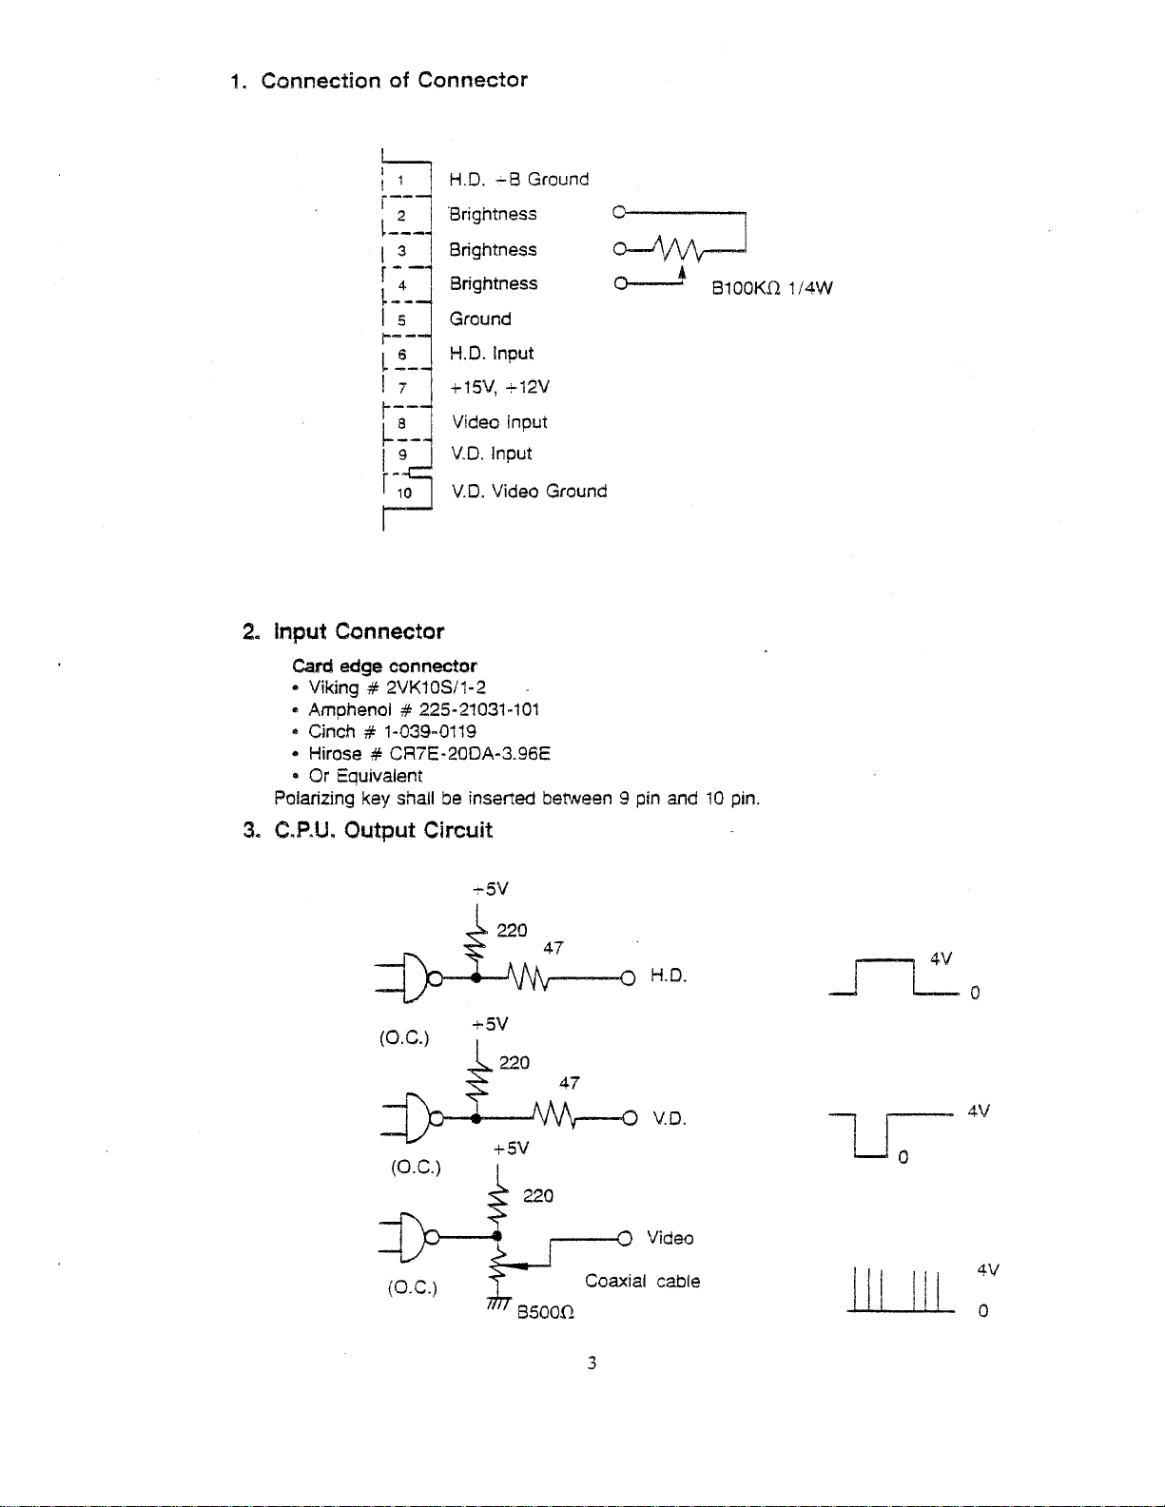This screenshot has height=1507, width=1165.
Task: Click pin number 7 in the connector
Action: pyautogui.click(x=402, y=388)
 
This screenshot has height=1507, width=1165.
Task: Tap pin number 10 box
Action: pyautogui.click(x=405, y=493)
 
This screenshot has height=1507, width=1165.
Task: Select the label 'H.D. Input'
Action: pyautogui.click(x=492, y=354)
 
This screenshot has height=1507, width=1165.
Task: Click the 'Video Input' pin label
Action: pyautogui.click(x=499, y=422)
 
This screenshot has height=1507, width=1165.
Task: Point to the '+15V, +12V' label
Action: pyautogui.click(x=499, y=387)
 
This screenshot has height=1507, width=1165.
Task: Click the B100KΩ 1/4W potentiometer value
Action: pyautogui.click(x=771, y=288)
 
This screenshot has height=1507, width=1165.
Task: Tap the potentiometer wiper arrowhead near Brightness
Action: pyautogui.click(x=682, y=273)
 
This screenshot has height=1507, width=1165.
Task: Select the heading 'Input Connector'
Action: pyautogui.click(x=359, y=631)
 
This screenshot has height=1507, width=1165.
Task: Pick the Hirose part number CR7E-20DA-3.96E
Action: pyautogui.click(x=470, y=754)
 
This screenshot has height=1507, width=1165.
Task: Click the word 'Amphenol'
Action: pyautogui.click(x=349, y=710)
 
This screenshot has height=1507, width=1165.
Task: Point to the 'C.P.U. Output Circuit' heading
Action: pyautogui.click(x=383, y=830)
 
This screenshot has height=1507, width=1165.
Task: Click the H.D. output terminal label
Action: pyautogui.click(x=668, y=976)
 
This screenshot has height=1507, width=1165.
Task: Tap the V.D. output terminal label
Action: pyautogui.click(x=669, y=1118)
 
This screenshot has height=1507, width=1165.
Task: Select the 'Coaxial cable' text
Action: pyautogui.click(x=642, y=1281)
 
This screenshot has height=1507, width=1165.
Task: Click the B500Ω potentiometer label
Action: pyautogui.click(x=545, y=1313)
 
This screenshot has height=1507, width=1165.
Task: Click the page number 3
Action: pyautogui.click(x=592, y=1363)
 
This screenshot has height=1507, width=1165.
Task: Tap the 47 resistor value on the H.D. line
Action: pyautogui.click(x=553, y=948)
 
